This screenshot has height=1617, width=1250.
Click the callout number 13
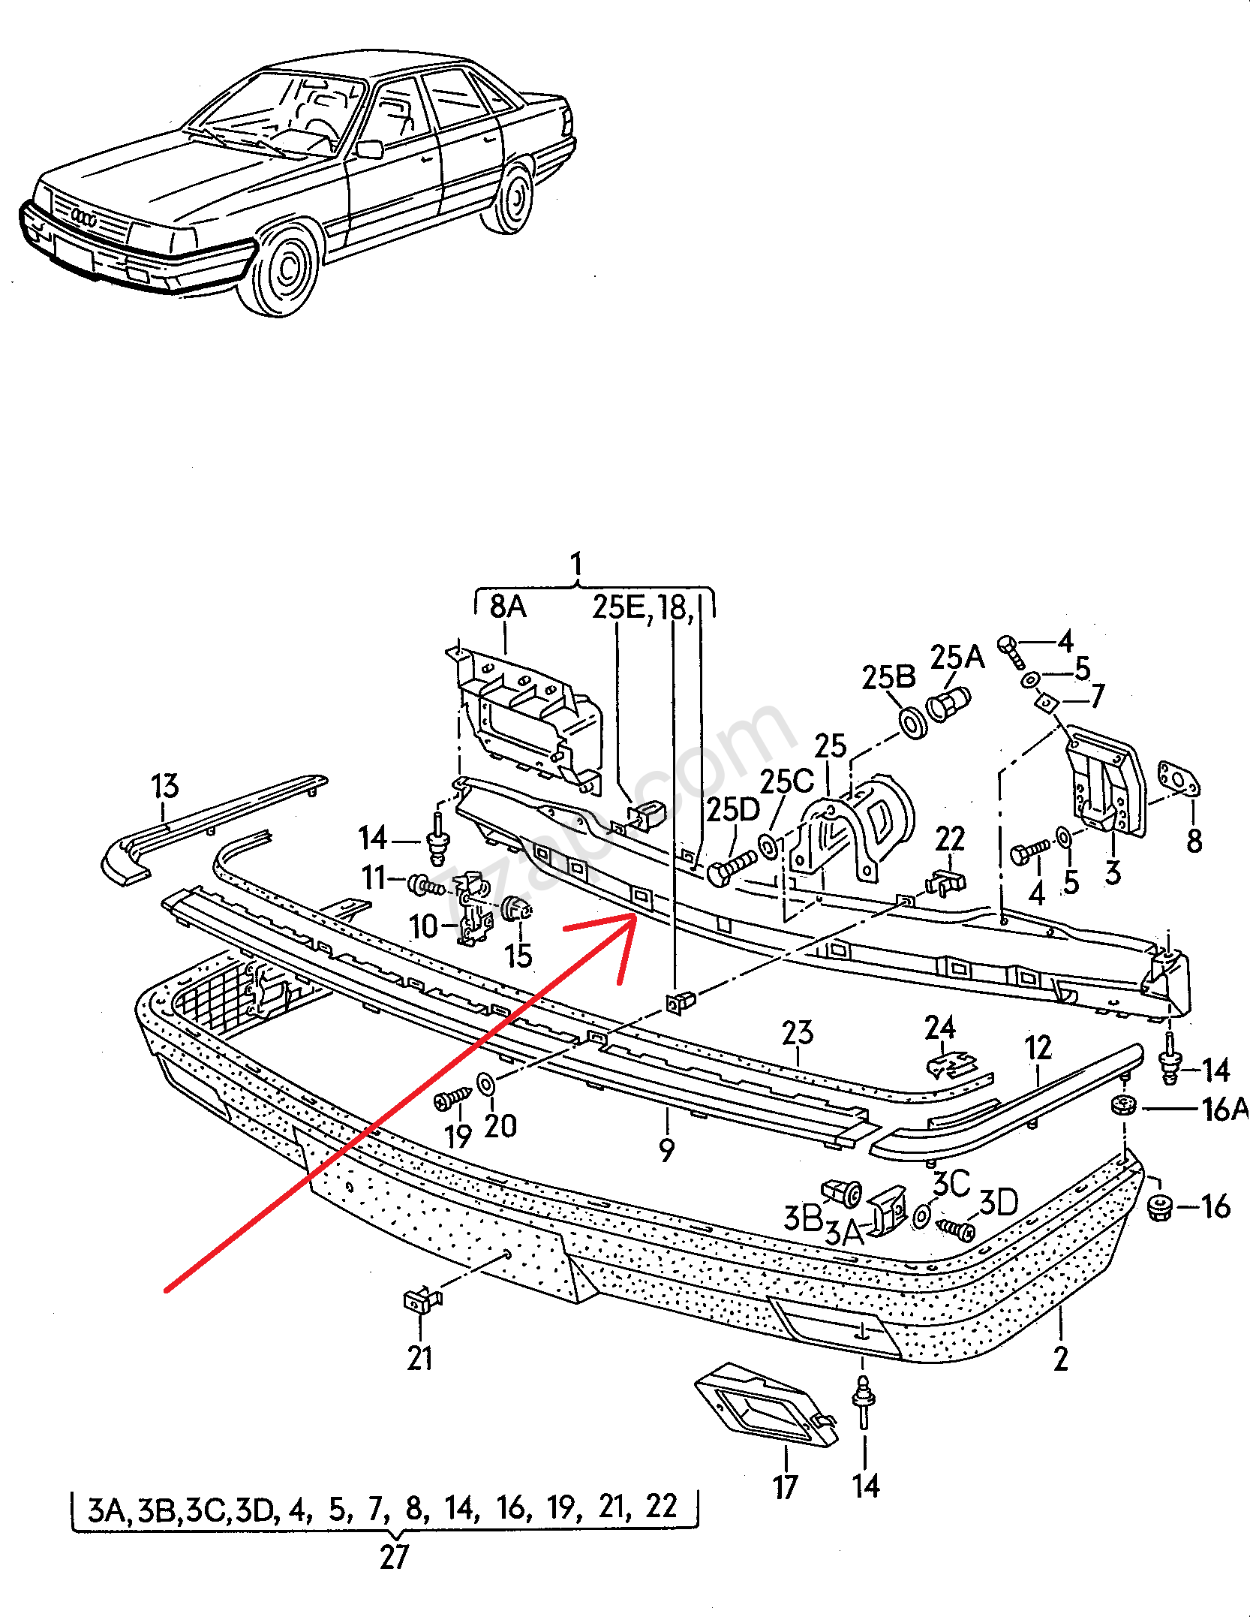165,786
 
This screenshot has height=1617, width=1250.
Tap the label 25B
888,677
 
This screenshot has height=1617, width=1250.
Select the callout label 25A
957,657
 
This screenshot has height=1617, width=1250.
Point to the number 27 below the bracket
394,1557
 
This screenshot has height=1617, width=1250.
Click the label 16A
1224,1109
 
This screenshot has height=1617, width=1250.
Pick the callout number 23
797,1033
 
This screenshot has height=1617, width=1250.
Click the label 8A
508,607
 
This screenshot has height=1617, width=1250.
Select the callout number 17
785,1486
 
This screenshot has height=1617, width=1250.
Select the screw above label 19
452,1101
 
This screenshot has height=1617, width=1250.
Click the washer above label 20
486,1084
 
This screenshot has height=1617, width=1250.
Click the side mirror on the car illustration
369,149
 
